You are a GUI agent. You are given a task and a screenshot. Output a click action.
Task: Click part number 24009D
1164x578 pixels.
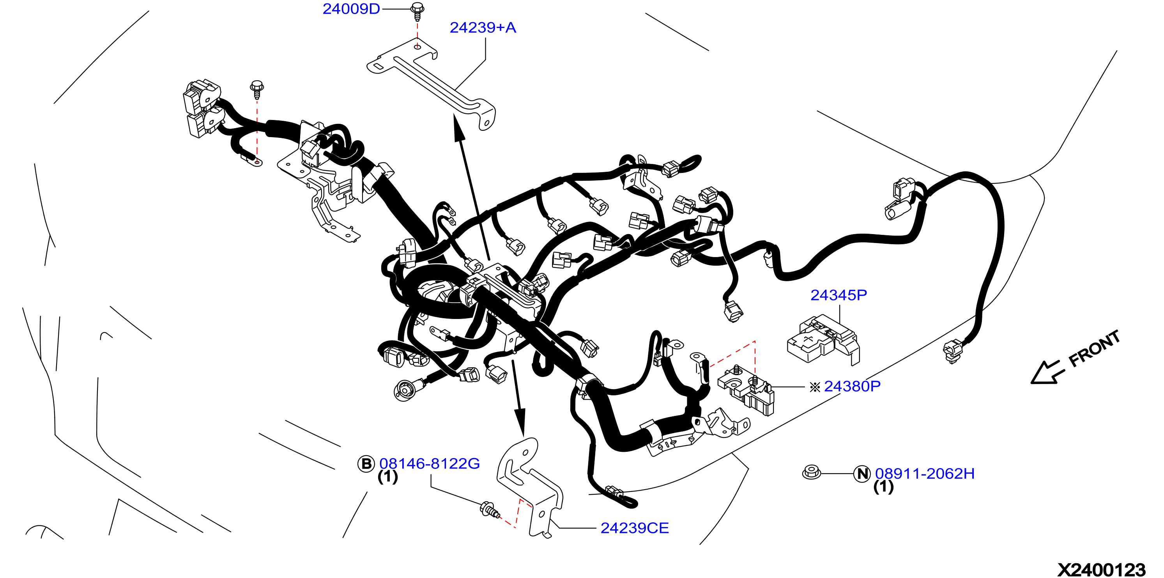click(351, 9)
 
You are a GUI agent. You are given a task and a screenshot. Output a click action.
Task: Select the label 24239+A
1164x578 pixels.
click(483, 28)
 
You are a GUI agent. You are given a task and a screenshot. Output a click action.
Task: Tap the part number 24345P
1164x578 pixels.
click(839, 295)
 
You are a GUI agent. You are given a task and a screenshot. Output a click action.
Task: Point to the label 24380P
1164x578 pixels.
click(852, 386)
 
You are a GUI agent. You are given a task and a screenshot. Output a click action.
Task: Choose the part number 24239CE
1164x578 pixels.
click(634, 528)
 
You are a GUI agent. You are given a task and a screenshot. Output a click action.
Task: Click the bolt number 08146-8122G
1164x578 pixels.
click(429, 463)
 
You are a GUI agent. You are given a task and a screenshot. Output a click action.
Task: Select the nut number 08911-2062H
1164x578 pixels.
click(925, 473)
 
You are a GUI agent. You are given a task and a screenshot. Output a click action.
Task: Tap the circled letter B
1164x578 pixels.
click(366, 464)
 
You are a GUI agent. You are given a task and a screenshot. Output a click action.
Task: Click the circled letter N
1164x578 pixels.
click(862, 474)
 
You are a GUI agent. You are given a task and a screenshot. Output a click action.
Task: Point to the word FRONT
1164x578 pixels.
click(1094, 348)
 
